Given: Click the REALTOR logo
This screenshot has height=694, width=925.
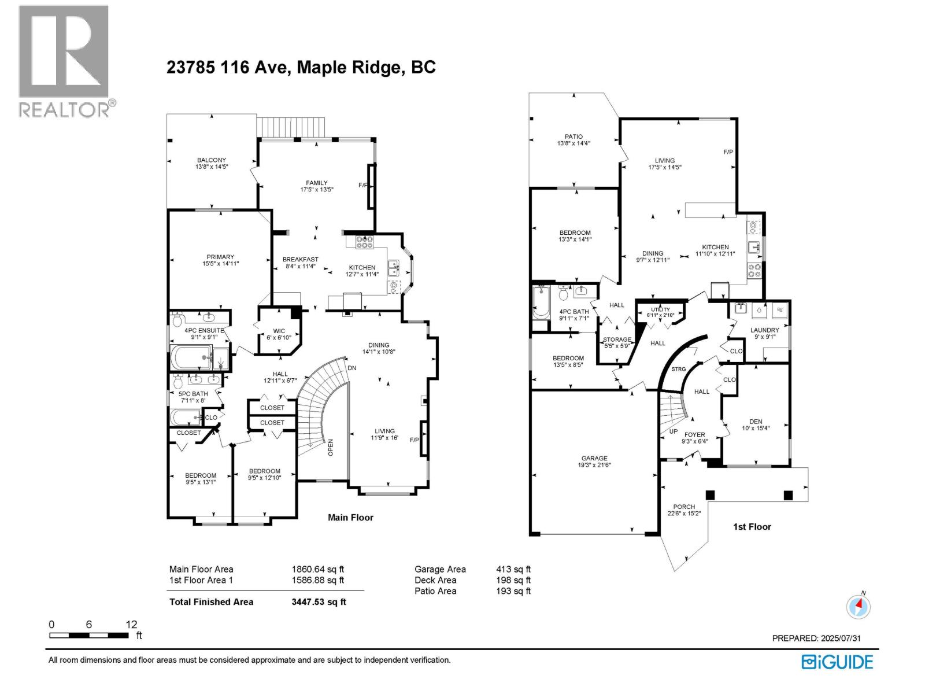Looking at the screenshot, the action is (67, 61).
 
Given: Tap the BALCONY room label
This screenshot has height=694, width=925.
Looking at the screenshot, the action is (211, 160).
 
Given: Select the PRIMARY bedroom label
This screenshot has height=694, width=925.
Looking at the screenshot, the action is (220, 257).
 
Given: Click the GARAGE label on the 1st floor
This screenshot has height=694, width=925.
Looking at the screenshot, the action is (594, 458).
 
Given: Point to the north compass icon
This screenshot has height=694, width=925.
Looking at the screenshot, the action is (858, 606).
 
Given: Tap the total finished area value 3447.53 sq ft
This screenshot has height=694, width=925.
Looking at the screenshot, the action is (319, 601).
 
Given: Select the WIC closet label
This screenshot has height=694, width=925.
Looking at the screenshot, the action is (279, 331).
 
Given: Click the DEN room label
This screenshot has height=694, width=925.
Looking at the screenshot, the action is (756, 422).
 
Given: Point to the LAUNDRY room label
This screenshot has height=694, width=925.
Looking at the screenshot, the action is (764, 330).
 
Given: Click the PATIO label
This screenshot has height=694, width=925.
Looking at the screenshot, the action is (573, 136).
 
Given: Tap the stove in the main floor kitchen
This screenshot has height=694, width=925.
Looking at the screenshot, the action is (364, 242).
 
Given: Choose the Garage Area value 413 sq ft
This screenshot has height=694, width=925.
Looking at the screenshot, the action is (513, 569).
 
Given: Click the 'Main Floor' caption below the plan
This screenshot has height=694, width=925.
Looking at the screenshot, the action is (350, 518).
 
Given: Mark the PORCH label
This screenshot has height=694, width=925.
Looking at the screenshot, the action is (684, 507).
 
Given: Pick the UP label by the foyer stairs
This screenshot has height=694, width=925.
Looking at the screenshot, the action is (674, 431).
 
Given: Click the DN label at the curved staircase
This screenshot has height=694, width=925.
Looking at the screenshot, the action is (352, 368).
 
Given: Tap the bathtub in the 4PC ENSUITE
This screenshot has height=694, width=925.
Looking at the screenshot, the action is (190, 357).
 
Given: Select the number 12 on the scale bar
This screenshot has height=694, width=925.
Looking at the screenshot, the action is (131, 624).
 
